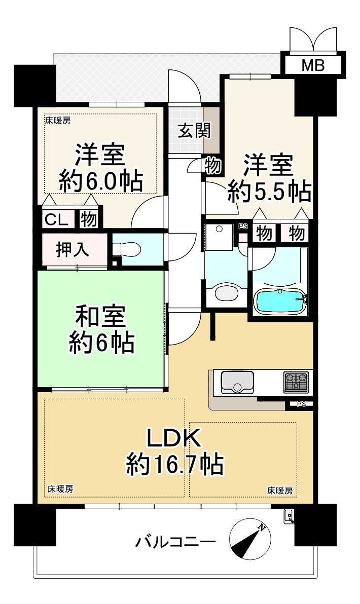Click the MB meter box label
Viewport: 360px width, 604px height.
point(313,65)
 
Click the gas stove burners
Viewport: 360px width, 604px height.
point(296,382)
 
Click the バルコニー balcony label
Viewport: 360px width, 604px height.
point(175,543)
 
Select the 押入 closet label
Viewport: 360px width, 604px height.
point(73,249)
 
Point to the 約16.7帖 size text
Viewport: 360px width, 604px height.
point(174,465)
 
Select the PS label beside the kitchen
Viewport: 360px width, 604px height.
point(301,404)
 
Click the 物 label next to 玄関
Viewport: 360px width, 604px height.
point(213,166)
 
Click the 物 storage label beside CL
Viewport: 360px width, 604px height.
point(88,220)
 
